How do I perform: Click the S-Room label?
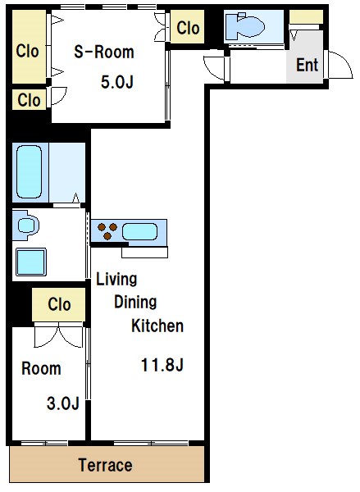click(104, 52)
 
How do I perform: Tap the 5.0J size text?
click(117, 82)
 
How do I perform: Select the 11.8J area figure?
click(162, 365)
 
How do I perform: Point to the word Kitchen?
click(157, 326)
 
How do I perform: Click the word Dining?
click(135, 302)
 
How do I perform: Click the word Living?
click(116, 279)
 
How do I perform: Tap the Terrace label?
click(105, 465)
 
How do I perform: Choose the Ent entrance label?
click(307, 65)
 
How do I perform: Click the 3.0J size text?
click(63, 403)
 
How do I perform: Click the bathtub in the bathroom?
click(30, 171)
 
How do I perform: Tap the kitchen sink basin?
click(139, 231)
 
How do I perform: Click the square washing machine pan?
click(31, 262)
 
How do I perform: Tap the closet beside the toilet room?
click(187, 27)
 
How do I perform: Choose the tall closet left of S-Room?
click(30, 47)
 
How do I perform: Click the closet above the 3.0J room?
click(59, 305)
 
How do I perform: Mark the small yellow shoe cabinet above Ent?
click(306, 17)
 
